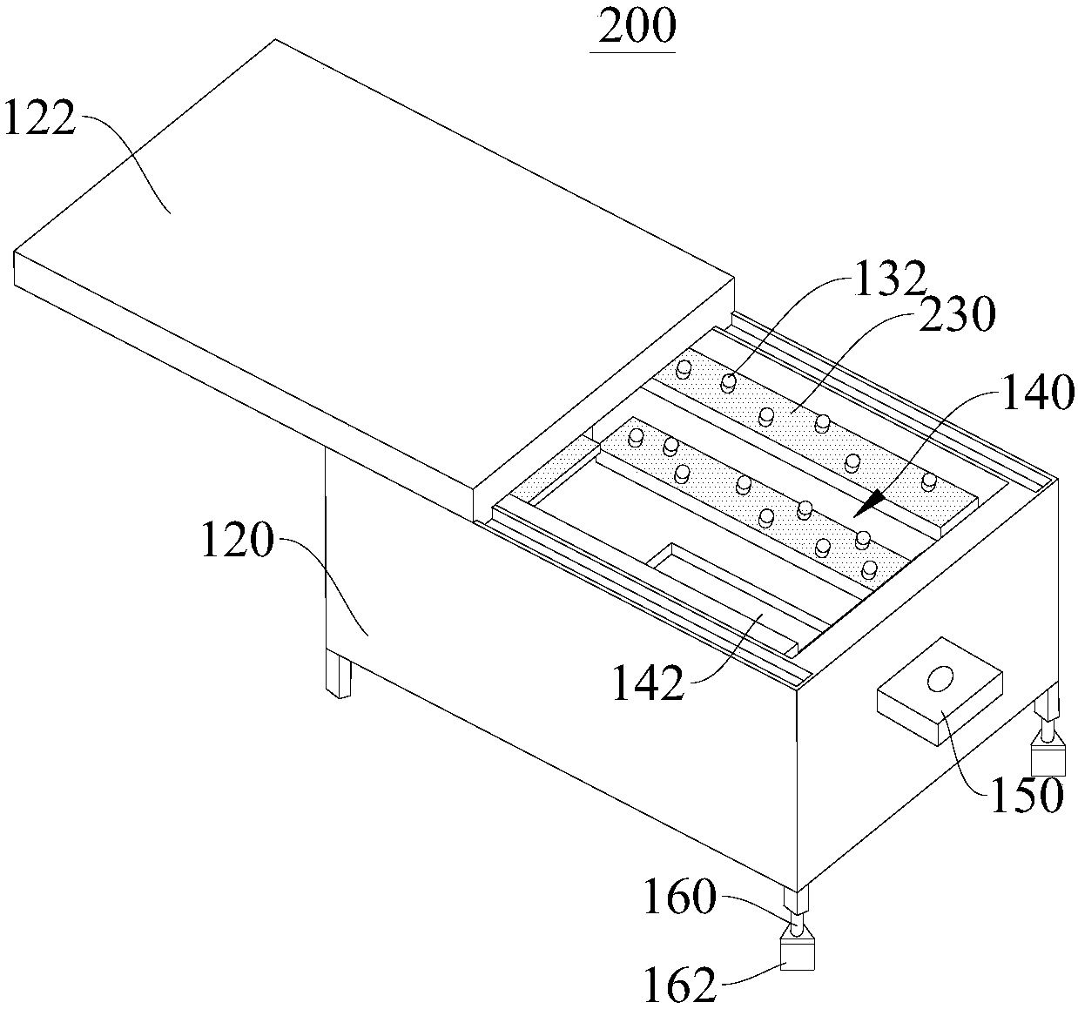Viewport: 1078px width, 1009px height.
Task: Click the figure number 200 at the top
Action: (x=632, y=27)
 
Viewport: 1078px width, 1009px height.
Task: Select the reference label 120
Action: (x=237, y=543)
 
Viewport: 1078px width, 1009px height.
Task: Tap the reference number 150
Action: (x=1028, y=794)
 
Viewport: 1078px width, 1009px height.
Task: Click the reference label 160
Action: (x=680, y=898)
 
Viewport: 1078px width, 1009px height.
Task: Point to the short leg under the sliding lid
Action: (x=338, y=674)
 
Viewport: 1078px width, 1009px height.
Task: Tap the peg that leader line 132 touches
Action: (x=728, y=381)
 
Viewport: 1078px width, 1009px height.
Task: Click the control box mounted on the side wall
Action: (x=938, y=692)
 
